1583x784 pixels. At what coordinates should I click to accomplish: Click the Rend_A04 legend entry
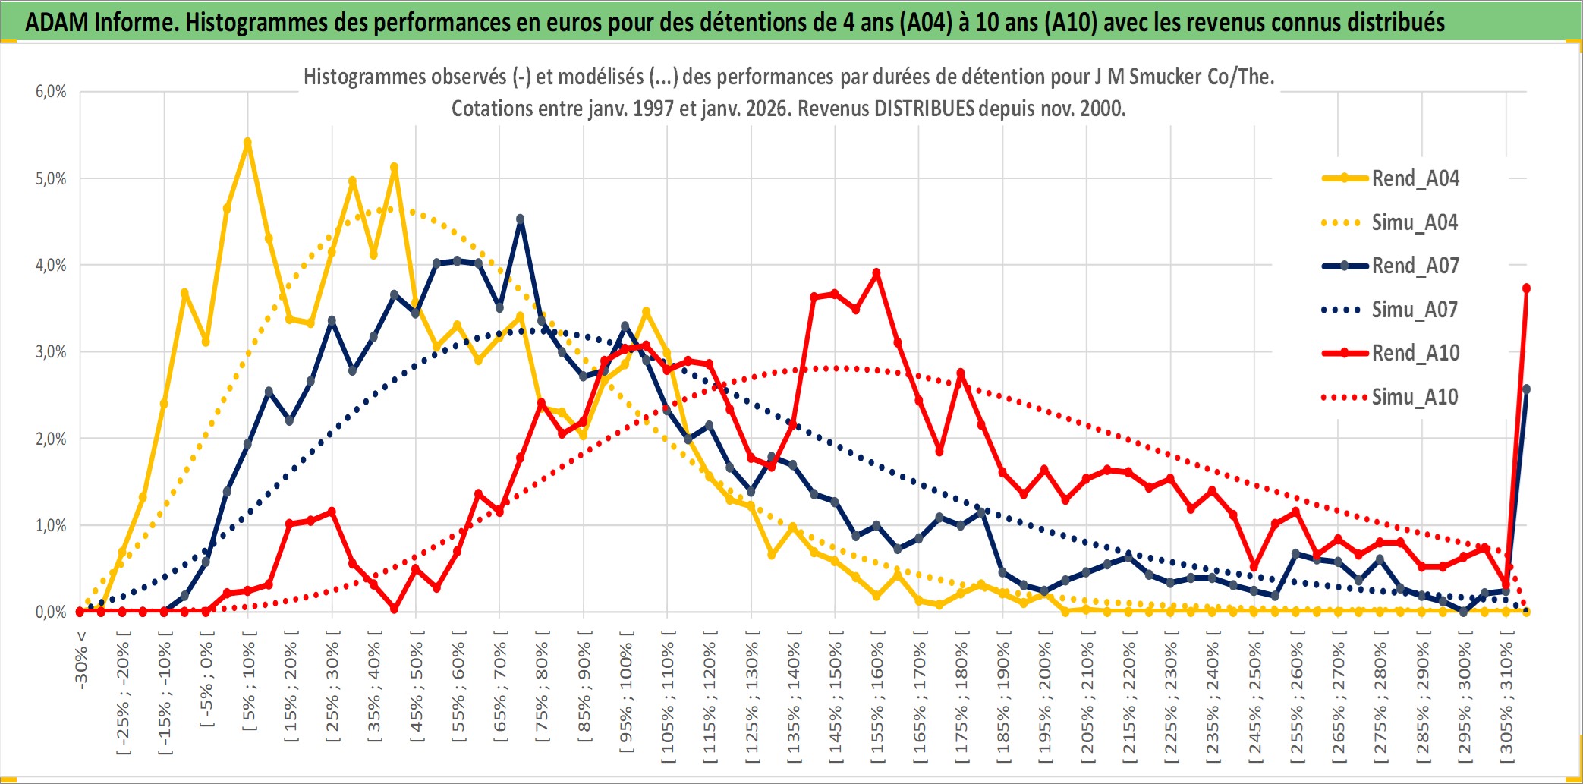(1415, 178)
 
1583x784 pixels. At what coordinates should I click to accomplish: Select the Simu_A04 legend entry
(1415, 222)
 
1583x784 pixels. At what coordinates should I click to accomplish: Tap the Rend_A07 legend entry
(1415, 266)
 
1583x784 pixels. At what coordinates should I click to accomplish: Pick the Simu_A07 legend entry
(1415, 310)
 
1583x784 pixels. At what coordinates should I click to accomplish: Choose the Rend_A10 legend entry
(1415, 353)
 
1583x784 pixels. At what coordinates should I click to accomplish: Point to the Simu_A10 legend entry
(1415, 397)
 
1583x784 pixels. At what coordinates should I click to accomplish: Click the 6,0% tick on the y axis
(51, 92)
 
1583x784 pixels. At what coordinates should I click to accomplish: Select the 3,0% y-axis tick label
(51, 352)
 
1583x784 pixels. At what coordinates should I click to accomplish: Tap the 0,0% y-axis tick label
(51, 612)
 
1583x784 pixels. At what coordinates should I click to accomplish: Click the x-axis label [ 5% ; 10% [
(249, 681)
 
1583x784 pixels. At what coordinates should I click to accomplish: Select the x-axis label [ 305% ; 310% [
(1506, 697)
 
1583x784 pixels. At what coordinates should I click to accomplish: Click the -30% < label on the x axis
(81, 660)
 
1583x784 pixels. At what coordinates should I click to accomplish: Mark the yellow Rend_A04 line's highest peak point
(247, 142)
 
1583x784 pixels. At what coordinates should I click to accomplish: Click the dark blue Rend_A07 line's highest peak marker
(520, 219)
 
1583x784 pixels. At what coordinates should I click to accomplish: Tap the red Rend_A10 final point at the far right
(1526, 288)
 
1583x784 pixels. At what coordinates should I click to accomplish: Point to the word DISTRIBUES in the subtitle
(924, 109)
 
